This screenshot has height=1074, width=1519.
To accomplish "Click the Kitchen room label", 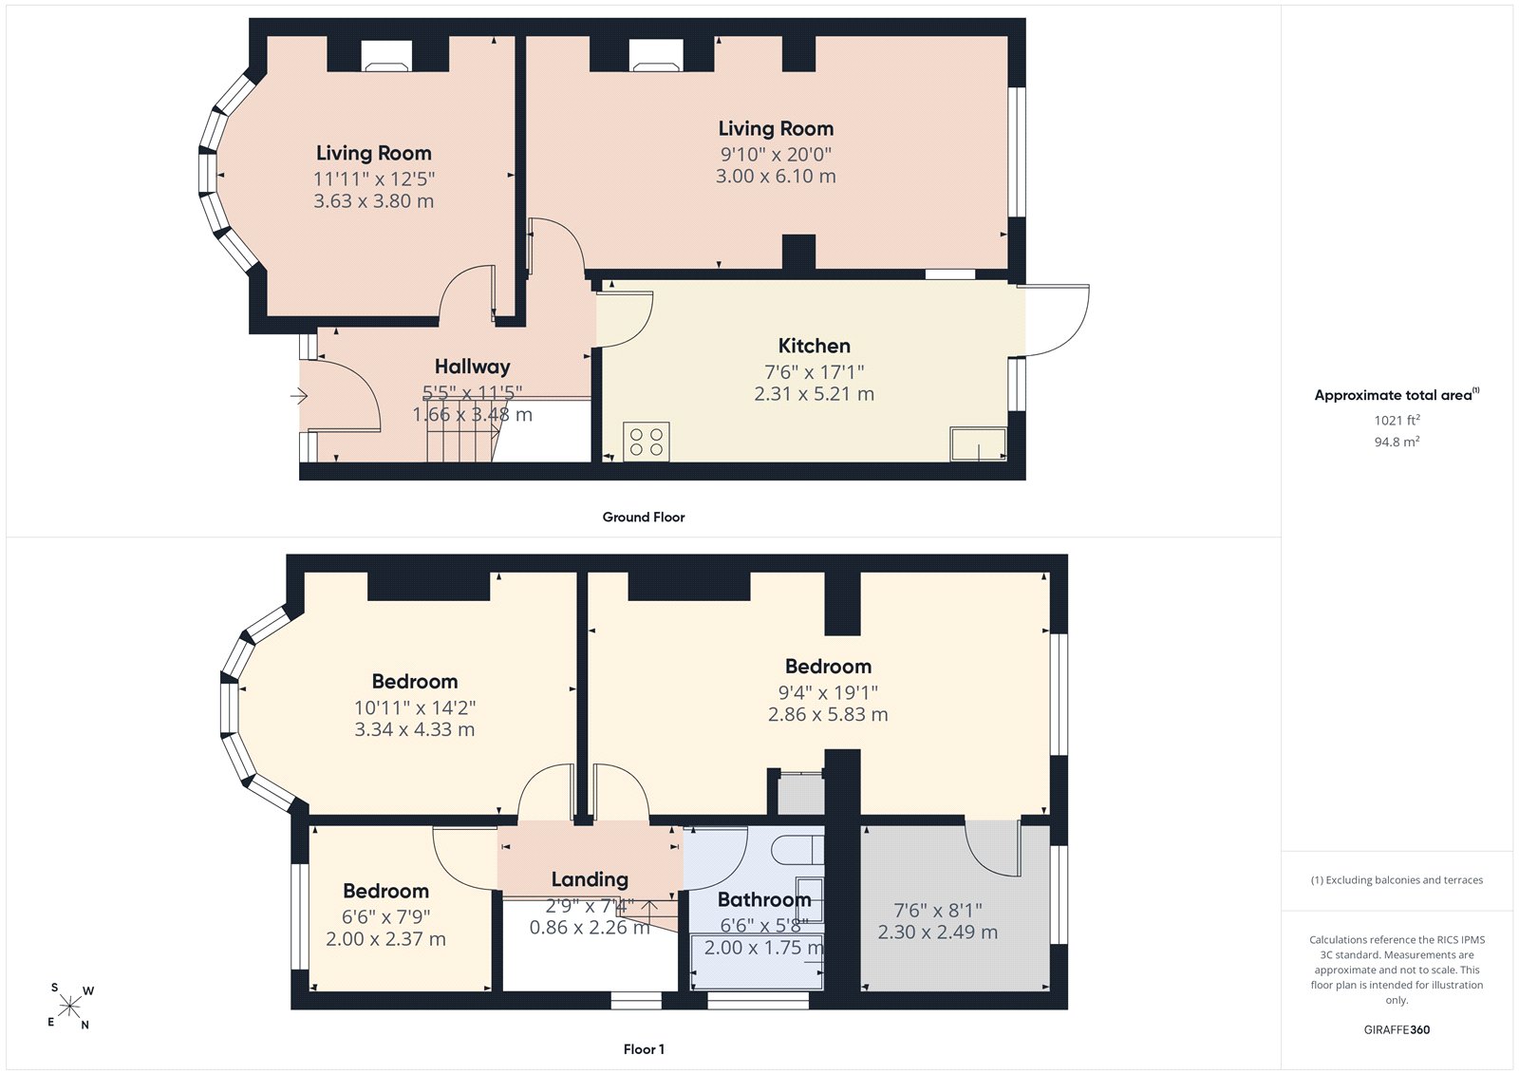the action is pos(814,346).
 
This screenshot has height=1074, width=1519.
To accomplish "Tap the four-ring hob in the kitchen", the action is pos(647,442).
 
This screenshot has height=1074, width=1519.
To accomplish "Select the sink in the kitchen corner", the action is pos(978,443).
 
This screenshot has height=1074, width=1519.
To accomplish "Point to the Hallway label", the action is pos(472,367).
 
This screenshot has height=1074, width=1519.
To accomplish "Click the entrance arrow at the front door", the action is pos(299,396).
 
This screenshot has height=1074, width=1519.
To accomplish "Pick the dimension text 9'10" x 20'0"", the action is pos(776,154).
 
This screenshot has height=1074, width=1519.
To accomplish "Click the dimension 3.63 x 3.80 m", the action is pos(374,200).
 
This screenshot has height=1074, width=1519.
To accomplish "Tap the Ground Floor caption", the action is pos(644,517).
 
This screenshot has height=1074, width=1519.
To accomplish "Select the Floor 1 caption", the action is pos(644,1049).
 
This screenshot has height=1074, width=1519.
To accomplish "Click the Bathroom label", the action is pos(764,899).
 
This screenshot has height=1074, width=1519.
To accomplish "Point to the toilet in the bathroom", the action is pos(797,850).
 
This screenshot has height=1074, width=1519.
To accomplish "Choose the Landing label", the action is pos(590,879).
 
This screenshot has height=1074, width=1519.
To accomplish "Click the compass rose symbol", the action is pos(70,1006).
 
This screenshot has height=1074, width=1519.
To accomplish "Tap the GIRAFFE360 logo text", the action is pos(1397,1029).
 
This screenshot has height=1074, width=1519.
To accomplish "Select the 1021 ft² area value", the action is pos(1397,420).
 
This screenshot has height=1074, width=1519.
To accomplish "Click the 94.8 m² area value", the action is pos(1397,442).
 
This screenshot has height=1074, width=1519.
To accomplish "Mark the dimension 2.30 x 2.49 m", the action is pos(938,933).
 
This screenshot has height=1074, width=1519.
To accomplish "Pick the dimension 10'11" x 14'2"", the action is pos(415,707).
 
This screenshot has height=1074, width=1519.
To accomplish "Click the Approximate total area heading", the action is pos(1397,395).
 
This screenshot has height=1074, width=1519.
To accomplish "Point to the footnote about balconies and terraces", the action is pos(1397,880).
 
